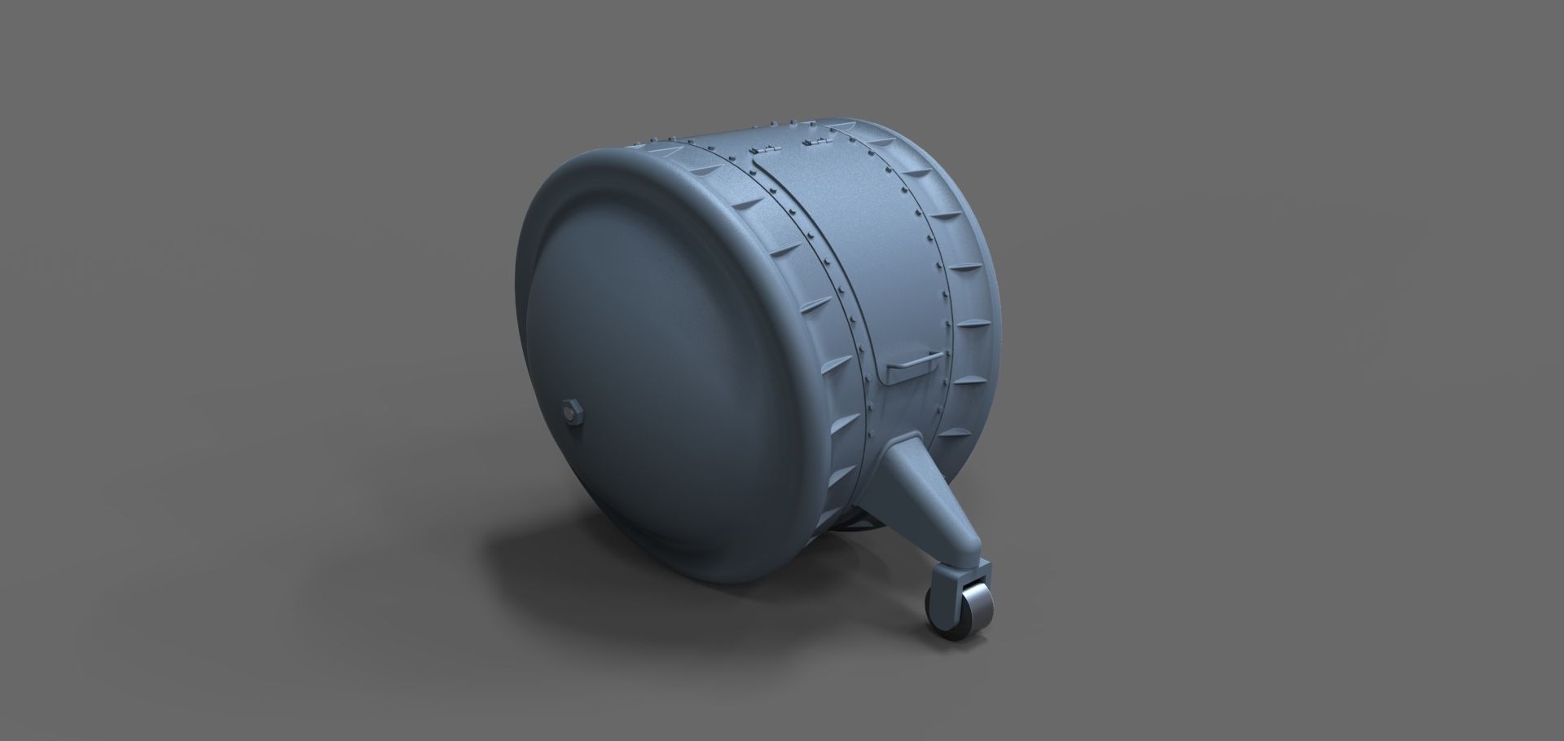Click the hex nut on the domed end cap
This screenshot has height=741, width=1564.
[572, 411]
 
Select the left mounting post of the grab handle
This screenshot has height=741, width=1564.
[890, 375]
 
